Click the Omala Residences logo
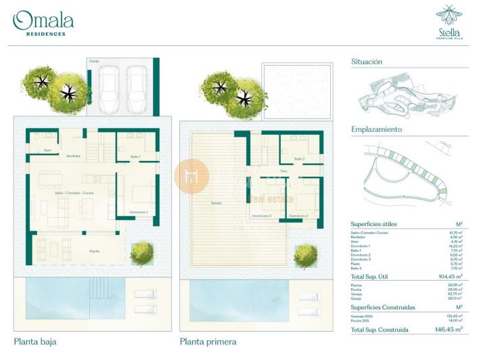(x=43, y=23)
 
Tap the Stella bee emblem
(x=449, y=16)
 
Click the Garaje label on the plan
(x=94, y=62)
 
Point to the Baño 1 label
(x=135, y=157)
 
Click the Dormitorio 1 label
(x=138, y=212)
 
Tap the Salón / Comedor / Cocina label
(x=74, y=193)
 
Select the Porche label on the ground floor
(x=95, y=250)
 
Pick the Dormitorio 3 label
(x=261, y=216)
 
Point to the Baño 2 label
(x=300, y=159)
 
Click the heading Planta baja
(x=34, y=342)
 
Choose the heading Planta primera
(x=207, y=342)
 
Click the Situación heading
(x=367, y=62)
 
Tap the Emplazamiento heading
(x=376, y=129)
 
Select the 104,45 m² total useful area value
(x=450, y=277)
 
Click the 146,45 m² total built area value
(x=450, y=330)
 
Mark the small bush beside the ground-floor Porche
(x=141, y=252)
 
